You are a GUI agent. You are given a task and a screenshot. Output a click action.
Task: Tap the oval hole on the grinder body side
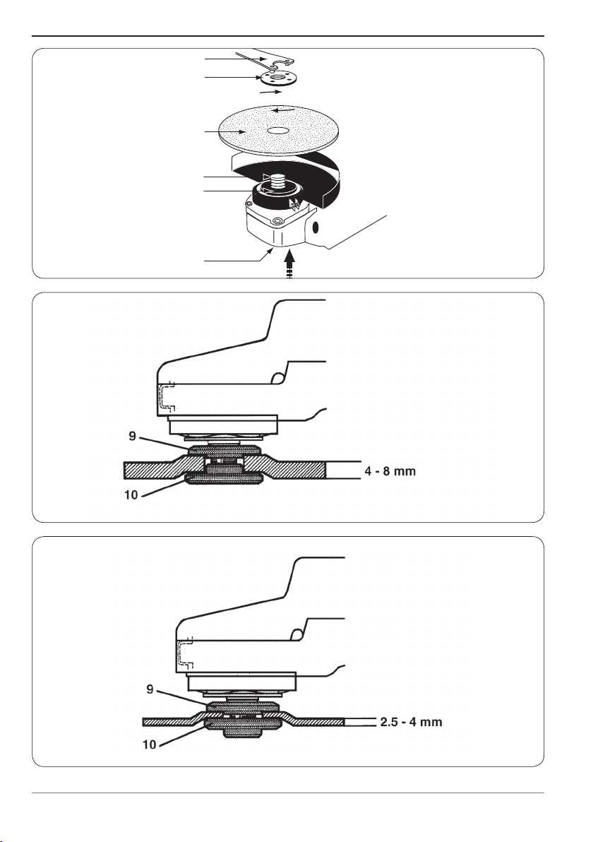pos(316,227)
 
